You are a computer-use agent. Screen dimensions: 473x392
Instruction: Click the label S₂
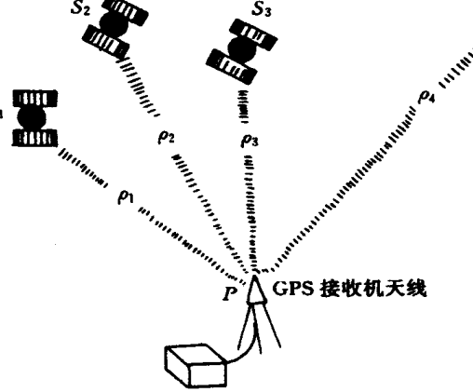click(80, 8)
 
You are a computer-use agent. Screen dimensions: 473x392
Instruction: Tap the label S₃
click(261, 9)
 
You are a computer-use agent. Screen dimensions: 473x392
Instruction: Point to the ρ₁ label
click(126, 196)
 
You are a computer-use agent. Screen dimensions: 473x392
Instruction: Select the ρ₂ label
click(166, 137)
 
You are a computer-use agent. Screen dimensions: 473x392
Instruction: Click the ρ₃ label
click(250, 140)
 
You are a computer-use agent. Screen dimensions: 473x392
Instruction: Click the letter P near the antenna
click(230, 293)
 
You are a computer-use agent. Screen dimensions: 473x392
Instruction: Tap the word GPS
click(292, 289)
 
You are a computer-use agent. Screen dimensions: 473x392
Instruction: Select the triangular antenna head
click(256, 291)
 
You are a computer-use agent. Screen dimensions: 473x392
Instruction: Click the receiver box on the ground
click(195, 366)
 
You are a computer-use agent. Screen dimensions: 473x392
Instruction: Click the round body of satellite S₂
click(114, 25)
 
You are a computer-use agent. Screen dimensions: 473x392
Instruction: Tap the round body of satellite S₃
click(242, 48)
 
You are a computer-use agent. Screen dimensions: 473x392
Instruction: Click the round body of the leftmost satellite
click(32, 117)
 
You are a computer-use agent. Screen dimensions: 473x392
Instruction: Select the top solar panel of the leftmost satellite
click(34, 99)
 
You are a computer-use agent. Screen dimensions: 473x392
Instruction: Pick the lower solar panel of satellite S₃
click(231, 66)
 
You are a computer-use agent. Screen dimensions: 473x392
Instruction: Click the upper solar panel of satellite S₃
click(253, 34)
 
